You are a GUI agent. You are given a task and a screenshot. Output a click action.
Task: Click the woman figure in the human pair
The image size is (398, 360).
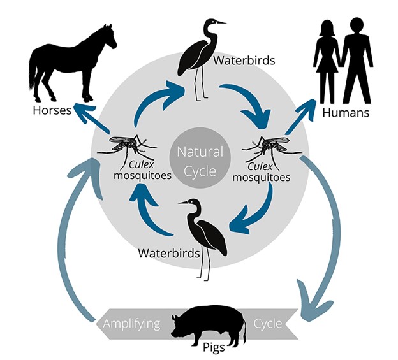tap(327, 61)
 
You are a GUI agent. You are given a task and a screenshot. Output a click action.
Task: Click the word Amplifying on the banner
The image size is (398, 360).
tap(133, 324)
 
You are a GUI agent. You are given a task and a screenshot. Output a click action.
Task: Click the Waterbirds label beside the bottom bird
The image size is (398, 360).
tap(162, 253)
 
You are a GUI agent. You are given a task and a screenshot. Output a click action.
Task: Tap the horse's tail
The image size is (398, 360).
tap(33, 73)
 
